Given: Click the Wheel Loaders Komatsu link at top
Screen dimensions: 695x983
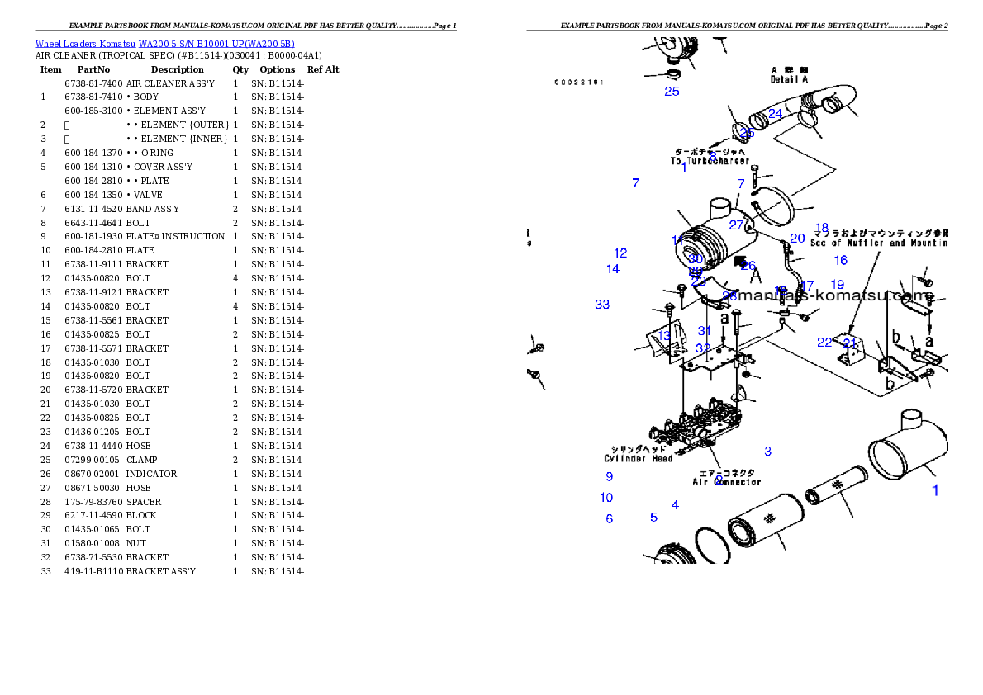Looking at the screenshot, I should pyautogui.click(x=164, y=44).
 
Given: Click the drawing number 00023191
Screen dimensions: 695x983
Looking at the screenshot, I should pyautogui.click(x=579, y=83).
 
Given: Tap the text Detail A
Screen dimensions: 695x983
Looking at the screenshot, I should pyautogui.click(x=789, y=79).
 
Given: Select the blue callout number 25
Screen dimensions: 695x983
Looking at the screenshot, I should pyautogui.click(x=672, y=92).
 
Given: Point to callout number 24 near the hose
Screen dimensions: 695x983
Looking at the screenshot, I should pyautogui.click(x=775, y=114).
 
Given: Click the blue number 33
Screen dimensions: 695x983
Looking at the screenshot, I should pyautogui.click(x=602, y=305).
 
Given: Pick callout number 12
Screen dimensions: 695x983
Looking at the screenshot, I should pyautogui.click(x=620, y=253).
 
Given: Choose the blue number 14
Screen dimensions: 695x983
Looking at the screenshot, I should pyautogui.click(x=612, y=269).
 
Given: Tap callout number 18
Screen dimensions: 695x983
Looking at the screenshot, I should pyautogui.click(x=821, y=228).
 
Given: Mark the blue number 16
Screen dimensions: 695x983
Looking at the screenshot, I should pyautogui.click(x=840, y=261).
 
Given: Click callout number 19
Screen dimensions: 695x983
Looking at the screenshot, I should pyautogui.click(x=837, y=286).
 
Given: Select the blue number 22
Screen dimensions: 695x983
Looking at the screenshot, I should pyautogui.click(x=824, y=343).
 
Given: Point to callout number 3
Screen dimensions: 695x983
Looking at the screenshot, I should pyautogui.click(x=768, y=452).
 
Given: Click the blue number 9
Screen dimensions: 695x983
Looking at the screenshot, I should pyautogui.click(x=610, y=476).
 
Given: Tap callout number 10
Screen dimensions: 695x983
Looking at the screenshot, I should pyautogui.click(x=606, y=498).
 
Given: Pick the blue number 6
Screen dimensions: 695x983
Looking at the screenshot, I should pyautogui.click(x=610, y=519).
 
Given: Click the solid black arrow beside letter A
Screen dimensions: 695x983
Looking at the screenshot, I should pyautogui.click(x=740, y=261).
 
